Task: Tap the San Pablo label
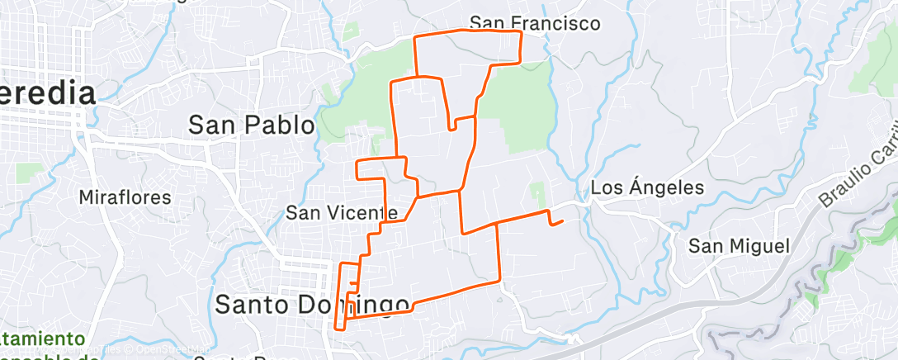[x=252, y=126]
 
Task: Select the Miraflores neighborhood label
[x=125, y=197]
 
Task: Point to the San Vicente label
[x=342, y=213]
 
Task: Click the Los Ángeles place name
[x=647, y=188]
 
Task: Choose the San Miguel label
[x=740, y=246]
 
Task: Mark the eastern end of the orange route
[x=563, y=220]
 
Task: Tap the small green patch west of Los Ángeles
[x=538, y=195]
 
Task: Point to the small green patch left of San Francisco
[x=351, y=31]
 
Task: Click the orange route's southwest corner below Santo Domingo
[x=336, y=327]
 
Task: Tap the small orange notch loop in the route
[x=451, y=128]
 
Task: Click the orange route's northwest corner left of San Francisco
[x=414, y=38]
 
